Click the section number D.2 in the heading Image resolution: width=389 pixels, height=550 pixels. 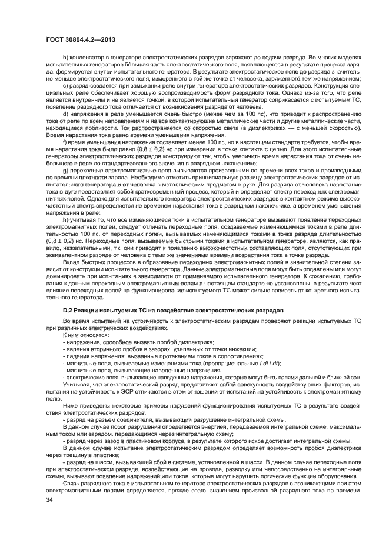click(x=68, y=309)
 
